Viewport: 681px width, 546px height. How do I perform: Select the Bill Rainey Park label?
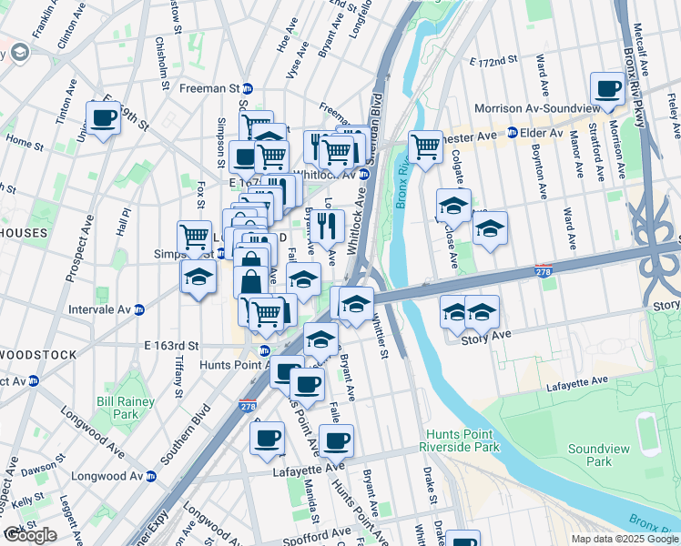117,407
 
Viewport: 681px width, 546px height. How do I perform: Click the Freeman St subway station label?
215,88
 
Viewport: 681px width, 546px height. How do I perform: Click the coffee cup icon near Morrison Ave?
607,89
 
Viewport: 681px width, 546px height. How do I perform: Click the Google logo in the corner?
30,534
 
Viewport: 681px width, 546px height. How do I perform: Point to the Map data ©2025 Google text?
624,539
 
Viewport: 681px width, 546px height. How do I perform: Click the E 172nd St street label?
493,61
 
